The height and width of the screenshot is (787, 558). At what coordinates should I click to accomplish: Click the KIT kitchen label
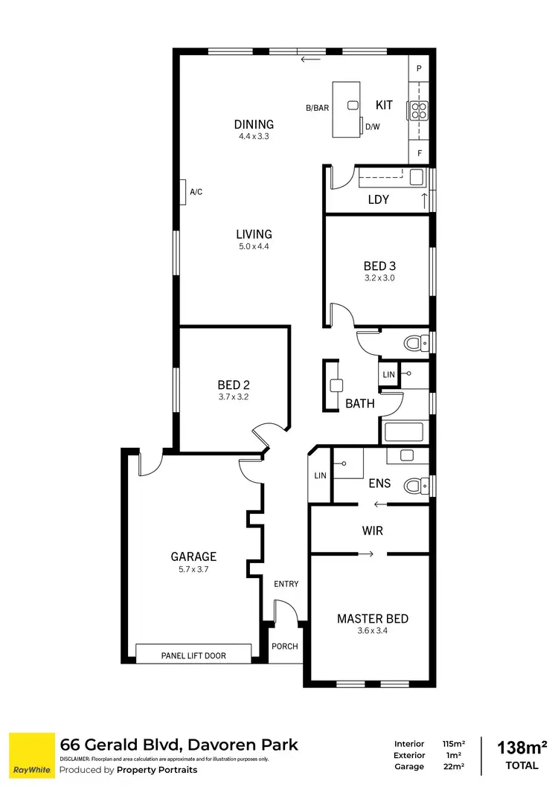click(384, 105)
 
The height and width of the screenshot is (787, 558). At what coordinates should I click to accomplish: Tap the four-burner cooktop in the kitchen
click(418, 111)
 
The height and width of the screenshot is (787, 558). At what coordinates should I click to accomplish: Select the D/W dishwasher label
click(372, 126)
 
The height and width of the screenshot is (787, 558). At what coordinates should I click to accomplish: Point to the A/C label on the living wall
click(196, 192)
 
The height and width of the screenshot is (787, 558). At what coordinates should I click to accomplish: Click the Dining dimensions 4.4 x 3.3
click(253, 137)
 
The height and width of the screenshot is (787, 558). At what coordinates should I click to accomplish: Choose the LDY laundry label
click(378, 200)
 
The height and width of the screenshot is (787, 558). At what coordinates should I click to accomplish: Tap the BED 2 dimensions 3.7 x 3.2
click(233, 396)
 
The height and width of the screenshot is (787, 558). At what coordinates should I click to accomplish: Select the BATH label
click(359, 404)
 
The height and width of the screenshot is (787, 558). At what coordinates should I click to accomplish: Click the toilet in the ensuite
click(414, 486)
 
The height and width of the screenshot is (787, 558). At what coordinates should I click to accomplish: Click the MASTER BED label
click(372, 619)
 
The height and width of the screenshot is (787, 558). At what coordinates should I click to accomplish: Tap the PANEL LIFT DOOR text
click(193, 655)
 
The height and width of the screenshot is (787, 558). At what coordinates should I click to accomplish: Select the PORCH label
click(284, 646)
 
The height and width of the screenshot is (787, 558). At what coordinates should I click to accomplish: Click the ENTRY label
click(286, 584)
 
